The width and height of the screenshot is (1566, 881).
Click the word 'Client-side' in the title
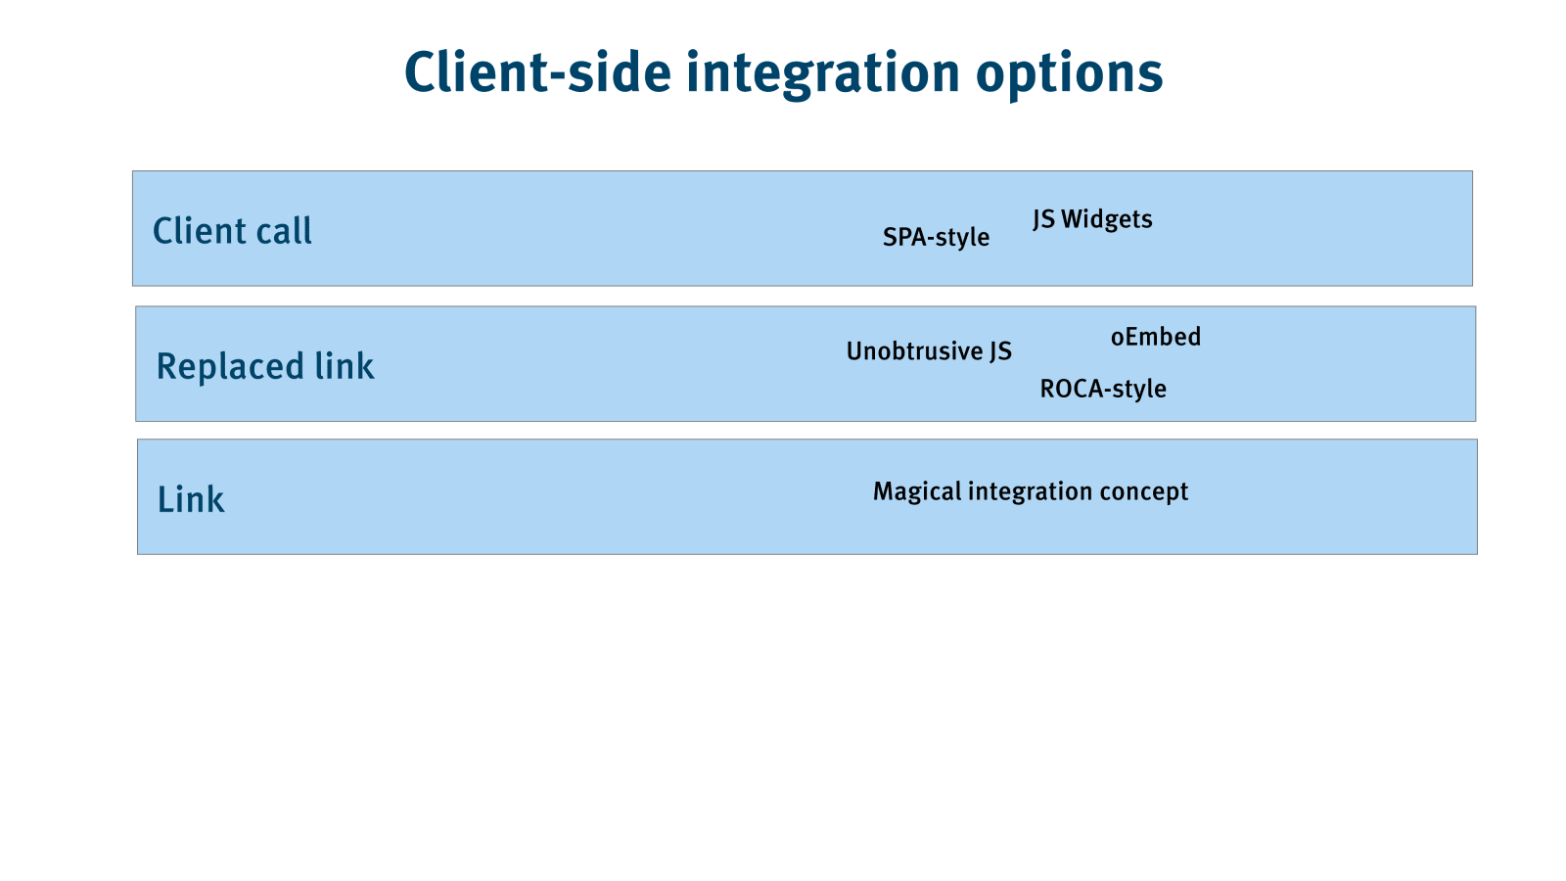point(537,72)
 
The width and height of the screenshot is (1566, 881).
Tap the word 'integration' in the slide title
point(823,75)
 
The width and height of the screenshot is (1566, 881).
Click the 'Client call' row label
point(232,231)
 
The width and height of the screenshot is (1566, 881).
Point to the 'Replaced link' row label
point(265,366)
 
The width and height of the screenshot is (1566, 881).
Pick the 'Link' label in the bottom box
point(191,499)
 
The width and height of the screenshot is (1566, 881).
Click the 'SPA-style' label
point(936,238)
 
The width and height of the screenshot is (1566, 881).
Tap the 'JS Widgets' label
point(1092,219)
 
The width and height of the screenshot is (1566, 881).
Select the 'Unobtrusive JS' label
point(929,351)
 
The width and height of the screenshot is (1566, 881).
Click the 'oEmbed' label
point(1156,337)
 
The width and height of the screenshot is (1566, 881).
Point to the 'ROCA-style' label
point(1103,389)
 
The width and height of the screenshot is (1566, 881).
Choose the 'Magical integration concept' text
point(1031,491)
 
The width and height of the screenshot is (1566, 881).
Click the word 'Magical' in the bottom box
point(918,491)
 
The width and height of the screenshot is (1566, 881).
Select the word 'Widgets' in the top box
point(1107,219)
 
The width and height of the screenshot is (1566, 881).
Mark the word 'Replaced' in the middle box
point(230,367)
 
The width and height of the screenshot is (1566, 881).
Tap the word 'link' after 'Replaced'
point(344,366)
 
